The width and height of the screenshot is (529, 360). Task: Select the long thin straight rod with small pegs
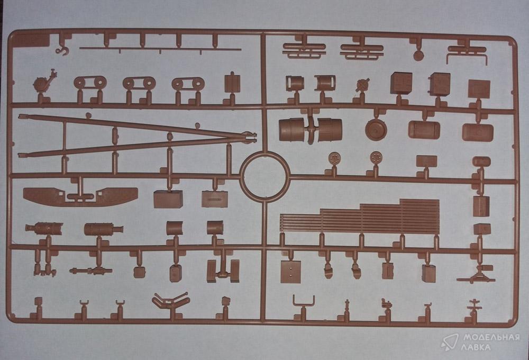[x=160, y=49]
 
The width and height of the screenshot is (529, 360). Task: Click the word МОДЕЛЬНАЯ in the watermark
[x=491, y=337]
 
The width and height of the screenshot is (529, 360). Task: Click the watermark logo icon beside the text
[x=450, y=342]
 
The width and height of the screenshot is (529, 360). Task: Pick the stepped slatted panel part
[x=360, y=217]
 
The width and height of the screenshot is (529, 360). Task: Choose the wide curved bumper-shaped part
[x=80, y=196]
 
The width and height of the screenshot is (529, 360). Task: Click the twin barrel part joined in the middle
[x=311, y=129]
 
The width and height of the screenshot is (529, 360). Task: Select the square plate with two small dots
[x=290, y=272]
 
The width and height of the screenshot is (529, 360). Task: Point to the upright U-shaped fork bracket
[x=304, y=302]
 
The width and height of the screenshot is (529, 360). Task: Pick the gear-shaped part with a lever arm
[x=44, y=82]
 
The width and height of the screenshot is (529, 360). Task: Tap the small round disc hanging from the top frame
[x=418, y=56]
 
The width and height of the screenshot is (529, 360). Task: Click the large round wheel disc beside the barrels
[x=376, y=129]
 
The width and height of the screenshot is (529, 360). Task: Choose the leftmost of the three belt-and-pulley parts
[x=90, y=83]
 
